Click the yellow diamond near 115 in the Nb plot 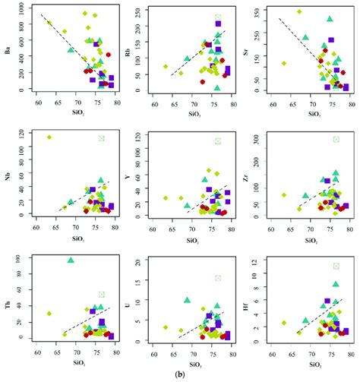[x=49, y=137]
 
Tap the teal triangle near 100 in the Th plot [x=71, y=260]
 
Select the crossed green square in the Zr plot [x=336, y=139]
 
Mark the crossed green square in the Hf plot [x=336, y=266]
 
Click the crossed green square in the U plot [x=218, y=278]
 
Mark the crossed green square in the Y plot [x=218, y=140]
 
